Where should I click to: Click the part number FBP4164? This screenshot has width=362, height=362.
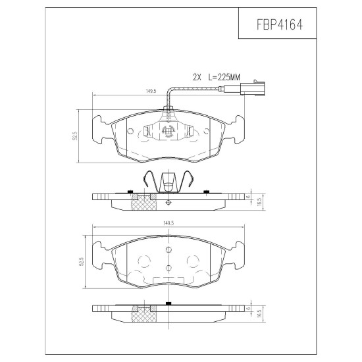pyautogui.click(x=279, y=24)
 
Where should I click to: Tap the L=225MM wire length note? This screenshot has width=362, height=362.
pyautogui.click(x=224, y=77)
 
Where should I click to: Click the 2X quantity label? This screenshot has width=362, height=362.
pyautogui.click(x=197, y=77)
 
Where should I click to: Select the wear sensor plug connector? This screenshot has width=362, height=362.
pyautogui.click(x=252, y=88)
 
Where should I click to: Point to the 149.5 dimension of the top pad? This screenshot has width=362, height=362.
pyautogui.click(x=151, y=91)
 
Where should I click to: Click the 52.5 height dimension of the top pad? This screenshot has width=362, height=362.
pyautogui.click(x=74, y=136)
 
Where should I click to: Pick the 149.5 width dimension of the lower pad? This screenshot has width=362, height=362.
pyautogui.click(x=168, y=223)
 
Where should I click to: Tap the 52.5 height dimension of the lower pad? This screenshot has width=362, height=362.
pyautogui.click(x=81, y=262)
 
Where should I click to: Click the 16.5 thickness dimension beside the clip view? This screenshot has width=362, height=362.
pyautogui.click(x=259, y=201)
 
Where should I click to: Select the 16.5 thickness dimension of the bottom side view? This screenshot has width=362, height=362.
pyautogui.click(x=259, y=314)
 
